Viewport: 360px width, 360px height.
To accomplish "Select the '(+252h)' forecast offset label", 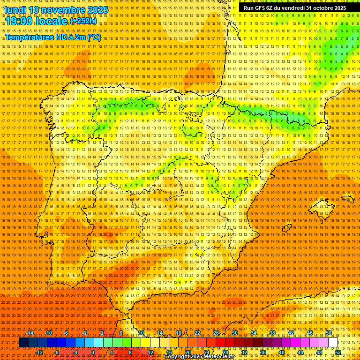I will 83,21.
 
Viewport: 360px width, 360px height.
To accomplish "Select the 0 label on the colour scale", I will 93,352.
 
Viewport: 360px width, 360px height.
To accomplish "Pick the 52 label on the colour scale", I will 338,352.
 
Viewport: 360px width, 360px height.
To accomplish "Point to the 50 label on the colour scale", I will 329,333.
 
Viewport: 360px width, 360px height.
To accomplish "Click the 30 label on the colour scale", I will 235,333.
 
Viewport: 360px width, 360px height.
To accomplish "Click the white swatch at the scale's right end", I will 333,343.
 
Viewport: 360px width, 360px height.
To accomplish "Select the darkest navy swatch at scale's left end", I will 23,343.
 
